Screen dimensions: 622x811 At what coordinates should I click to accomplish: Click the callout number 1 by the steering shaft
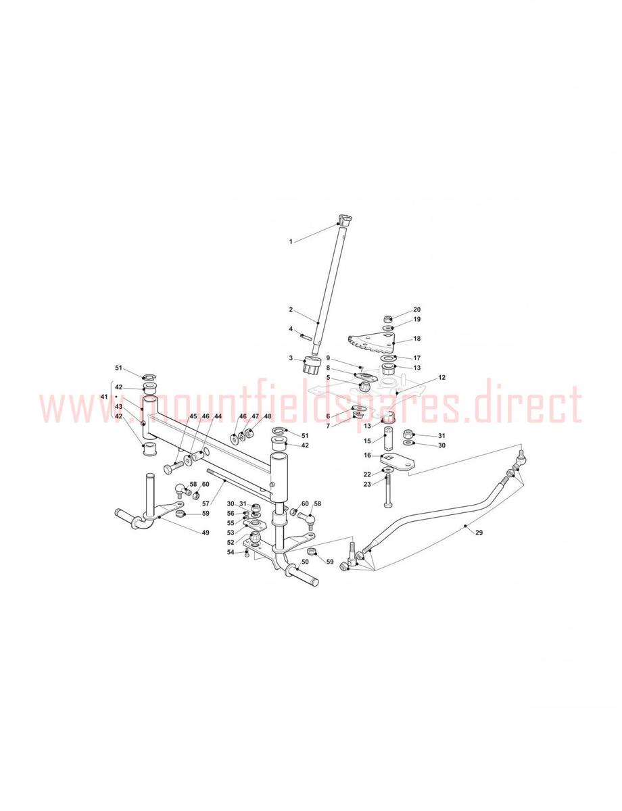(x=291, y=241)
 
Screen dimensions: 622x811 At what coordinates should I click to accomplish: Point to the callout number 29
(x=479, y=533)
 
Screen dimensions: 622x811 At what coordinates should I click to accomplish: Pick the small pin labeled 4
(x=306, y=337)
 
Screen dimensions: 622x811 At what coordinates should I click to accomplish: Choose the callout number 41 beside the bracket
(x=104, y=397)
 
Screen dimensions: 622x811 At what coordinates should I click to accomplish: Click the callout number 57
(x=206, y=504)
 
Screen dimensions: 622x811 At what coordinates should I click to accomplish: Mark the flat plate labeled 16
(x=398, y=462)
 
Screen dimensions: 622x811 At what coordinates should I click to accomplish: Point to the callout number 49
(x=206, y=533)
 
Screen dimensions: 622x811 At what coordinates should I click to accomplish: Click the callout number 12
(x=441, y=377)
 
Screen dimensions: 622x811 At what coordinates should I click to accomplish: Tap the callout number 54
(x=231, y=552)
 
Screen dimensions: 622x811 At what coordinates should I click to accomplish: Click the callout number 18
(x=417, y=339)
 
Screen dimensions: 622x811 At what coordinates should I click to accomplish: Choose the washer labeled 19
(x=388, y=328)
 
